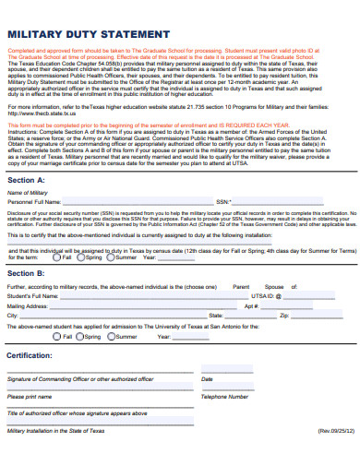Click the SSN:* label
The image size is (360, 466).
(224, 200)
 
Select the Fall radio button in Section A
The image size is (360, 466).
(56, 257)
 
